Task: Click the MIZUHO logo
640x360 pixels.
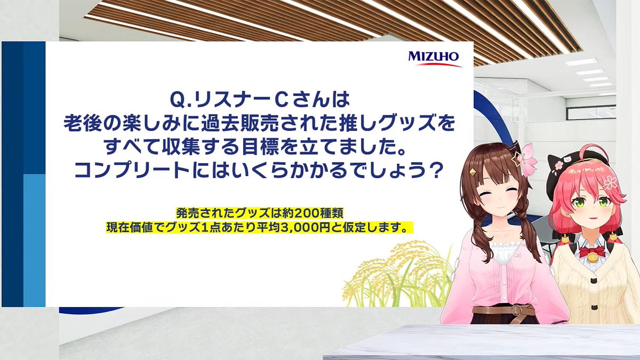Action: click(434, 58)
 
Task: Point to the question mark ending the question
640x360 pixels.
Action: click(437, 171)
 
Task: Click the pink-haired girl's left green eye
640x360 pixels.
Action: click(603, 202)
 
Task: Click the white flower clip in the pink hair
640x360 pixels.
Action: click(610, 182)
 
